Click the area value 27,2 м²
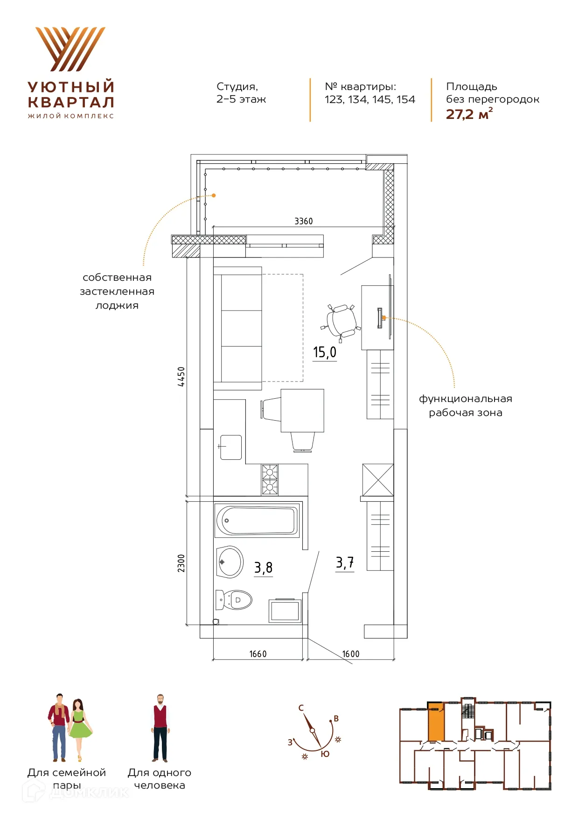(x=469, y=114)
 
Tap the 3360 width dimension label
(x=303, y=221)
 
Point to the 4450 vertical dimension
(x=181, y=376)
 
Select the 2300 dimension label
(x=181, y=563)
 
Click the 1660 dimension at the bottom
(x=258, y=654)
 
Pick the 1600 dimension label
(x=351, y=654)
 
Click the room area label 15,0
(x=324, y=352)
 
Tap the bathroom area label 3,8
(x=263, y=568)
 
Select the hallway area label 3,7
(x=345, y=562)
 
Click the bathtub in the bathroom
(x=257, y=520)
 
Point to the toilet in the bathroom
(x=234, y=600)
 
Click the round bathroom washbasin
(x=230, y=562)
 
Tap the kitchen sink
(x=230, y=447)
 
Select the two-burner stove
(x=270, y=479)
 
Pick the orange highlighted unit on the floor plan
(x=436, y=721)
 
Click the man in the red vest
(x=160, y=728)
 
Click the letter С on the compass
(x=301, y=708)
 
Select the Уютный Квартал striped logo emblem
(x=70, y=49)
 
